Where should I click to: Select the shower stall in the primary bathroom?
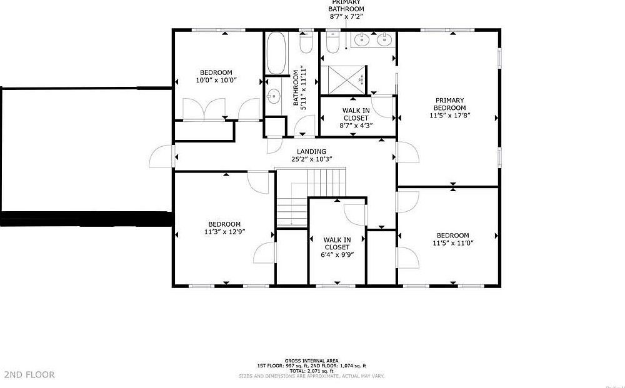[x=342, y=79]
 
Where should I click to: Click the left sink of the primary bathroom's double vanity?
[x=362, y=41]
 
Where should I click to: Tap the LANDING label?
[x=311, y=151]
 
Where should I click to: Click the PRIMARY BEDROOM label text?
[x=450, y=104]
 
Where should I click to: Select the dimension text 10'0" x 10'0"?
[x=216, y=80]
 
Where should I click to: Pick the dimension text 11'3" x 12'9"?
[x=224, y=232]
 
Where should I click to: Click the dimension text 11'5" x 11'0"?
[x=452, y=243]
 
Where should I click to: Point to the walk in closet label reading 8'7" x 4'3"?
[x=356, y=125]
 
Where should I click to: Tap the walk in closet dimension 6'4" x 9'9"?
[x=337, y=254]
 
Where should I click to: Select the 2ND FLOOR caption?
[x=29, y=375]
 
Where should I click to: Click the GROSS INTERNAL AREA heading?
[x=311, y=361]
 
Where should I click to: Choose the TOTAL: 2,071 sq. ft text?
[x=311, y=371]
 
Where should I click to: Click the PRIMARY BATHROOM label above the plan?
[x=346, y=6]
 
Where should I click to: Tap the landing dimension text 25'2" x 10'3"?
[x=311, y=159]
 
